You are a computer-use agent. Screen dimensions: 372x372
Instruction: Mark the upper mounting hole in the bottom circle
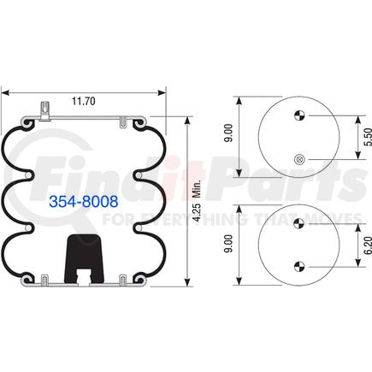pyautogui.click(x=298, y=224)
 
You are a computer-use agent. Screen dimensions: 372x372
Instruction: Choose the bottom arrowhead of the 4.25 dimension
pyautogui.click(x=187, y=283)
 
